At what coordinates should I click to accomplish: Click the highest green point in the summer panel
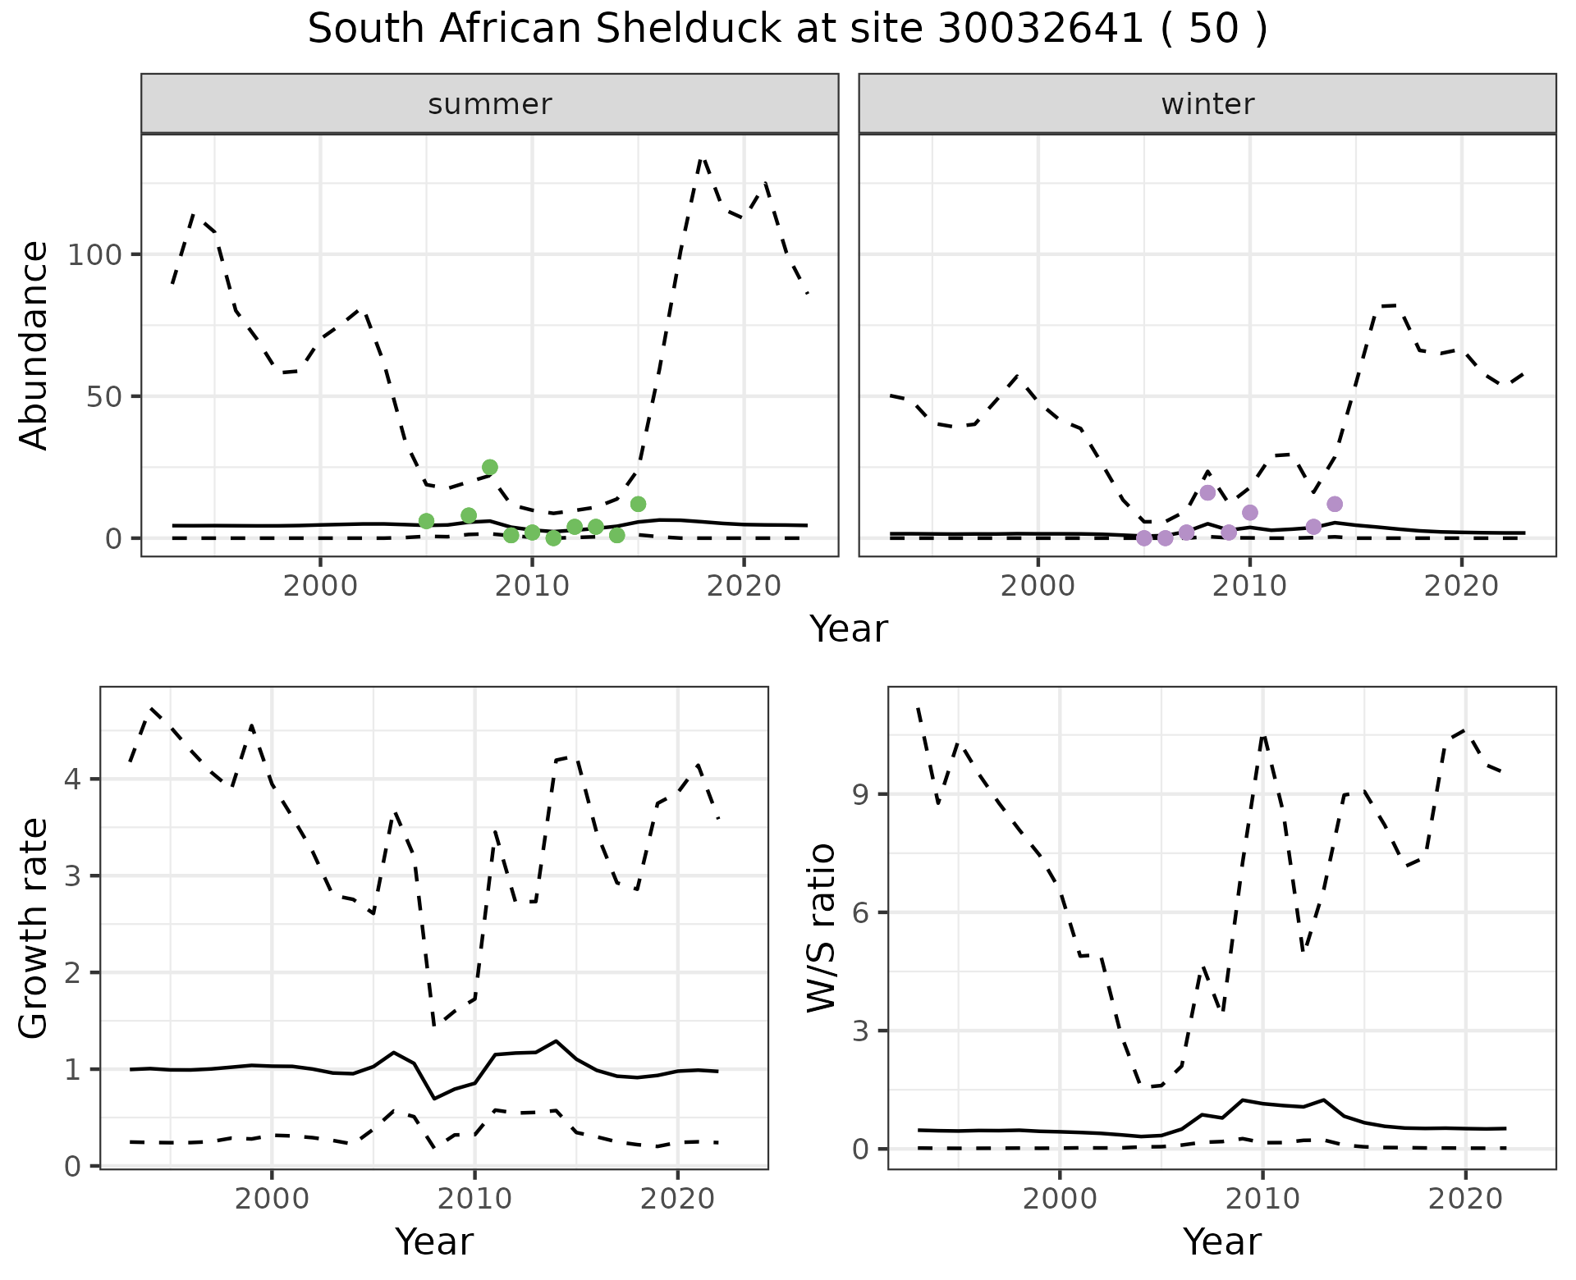pyautogui.click(x=490, y=468)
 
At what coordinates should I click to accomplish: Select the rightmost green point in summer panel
pyautogui.click(x=638, y=504)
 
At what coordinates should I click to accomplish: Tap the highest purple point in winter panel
pyautogui.click(x=1207, y=492)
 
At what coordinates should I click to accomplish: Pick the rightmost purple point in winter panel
pyautogui.click(x=1335, y=504)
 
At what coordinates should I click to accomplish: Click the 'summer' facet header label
pyautogui.click(x=490, y=104)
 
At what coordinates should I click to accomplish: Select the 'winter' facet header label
pyautogui.click(x=1207, y=104)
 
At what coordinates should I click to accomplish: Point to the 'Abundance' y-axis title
pyautogui.click(x=34, y=345)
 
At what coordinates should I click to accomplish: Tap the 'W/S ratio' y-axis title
pyautogui.click(x=822, y=928)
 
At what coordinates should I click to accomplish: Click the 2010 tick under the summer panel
pyautogui.click(x=532, y=587)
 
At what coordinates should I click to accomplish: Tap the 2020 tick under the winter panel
pyautogui.click(x=1461, y=587)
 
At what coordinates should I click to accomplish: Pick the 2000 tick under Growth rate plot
pyautogui.click(x=272, y=1199)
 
